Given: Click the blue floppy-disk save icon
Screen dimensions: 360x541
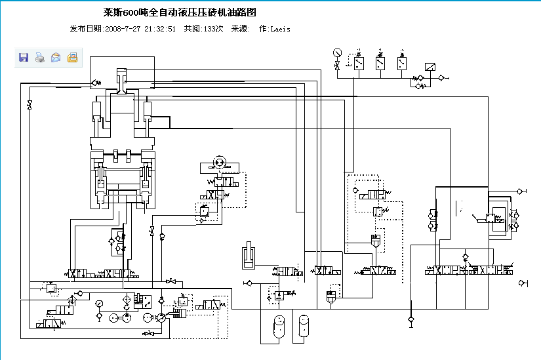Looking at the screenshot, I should click(24, 58).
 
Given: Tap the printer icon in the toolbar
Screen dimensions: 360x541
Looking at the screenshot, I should click(39, 58).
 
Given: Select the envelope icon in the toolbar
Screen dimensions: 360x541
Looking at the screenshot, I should click(56, 58).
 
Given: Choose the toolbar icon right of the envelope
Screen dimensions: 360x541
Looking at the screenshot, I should click(72, 58).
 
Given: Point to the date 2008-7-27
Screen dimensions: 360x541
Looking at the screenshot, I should click(124, 29).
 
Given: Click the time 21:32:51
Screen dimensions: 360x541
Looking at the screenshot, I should click(161, 29).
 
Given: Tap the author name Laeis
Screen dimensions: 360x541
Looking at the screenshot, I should click(280, 29).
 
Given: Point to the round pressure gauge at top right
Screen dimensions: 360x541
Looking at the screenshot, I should click(337, 52).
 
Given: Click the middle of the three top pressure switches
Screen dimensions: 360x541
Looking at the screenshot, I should click(380, 63).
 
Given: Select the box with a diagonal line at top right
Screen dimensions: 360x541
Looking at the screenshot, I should click(431, 66).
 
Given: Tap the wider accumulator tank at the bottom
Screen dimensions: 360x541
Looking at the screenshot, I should click(277, 325).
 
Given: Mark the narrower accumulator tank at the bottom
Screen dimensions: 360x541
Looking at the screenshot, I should click(304, 325).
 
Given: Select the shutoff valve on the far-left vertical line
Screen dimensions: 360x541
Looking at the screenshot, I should click(30, 106).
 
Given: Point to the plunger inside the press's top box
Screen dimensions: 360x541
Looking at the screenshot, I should click(122, 83).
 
